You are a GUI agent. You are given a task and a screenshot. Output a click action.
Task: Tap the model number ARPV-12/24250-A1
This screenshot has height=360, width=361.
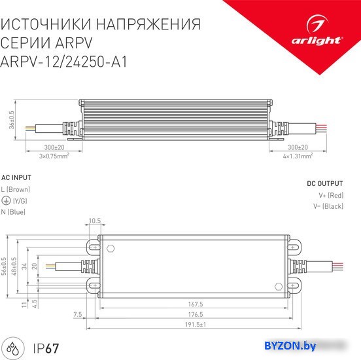(64, 62)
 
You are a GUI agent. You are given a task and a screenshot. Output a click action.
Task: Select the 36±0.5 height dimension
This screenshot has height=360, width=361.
(11, 120)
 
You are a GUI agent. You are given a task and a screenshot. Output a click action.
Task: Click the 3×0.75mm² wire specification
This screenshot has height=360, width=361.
(54, 156)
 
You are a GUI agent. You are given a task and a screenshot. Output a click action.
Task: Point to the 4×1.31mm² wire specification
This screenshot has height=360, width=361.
(298, 156)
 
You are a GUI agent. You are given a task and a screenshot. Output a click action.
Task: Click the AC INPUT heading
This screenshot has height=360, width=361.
(16, 177)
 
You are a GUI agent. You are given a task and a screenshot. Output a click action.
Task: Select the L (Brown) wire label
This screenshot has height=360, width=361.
(16, 189)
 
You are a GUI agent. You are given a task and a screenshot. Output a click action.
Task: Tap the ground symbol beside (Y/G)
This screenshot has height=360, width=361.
(6, 200)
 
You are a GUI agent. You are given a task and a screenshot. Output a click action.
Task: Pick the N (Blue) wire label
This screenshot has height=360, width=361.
(13, 212)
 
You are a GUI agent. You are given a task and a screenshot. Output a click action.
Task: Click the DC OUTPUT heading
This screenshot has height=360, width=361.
(325, 184)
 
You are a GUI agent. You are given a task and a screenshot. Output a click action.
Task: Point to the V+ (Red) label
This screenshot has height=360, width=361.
(331, 196)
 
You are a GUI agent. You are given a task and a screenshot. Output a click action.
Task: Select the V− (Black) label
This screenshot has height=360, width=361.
(328, 206)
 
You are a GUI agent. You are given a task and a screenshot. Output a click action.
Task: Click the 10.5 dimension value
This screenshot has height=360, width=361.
(95, 221)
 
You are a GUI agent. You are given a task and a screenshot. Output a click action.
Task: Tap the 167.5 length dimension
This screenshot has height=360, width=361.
(196, 304)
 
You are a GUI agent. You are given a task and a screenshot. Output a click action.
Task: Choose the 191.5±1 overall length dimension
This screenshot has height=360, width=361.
(196, 325)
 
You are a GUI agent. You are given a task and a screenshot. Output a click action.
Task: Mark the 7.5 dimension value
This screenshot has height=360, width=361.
(78, 314)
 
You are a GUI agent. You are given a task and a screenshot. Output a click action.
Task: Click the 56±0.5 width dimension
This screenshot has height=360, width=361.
(4, 266)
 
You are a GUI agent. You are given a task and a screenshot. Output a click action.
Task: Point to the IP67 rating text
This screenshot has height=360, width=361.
(46, 348)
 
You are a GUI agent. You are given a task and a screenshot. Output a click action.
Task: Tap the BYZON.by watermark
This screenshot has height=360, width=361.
(290, 346)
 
